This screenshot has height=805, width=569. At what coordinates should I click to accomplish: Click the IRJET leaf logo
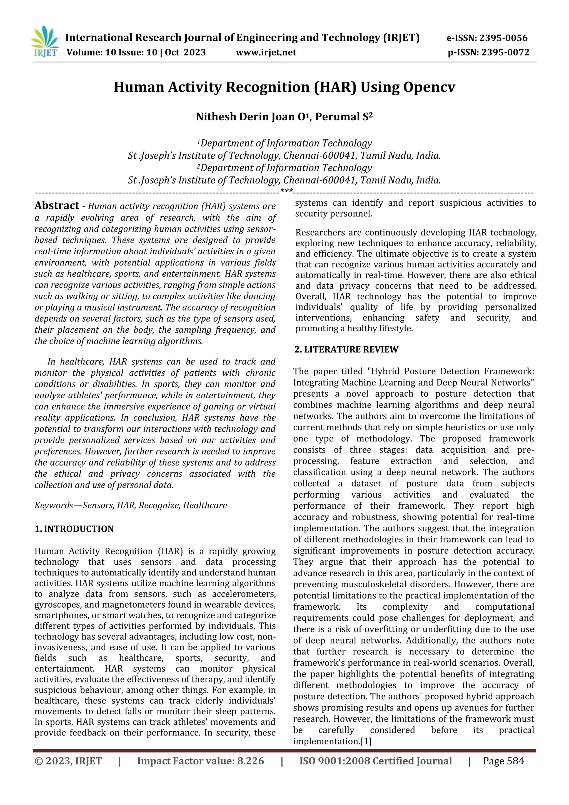pyautogui.click(x=45, y=41)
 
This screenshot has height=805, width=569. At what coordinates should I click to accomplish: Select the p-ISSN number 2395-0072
pyautogui.click(x=505, y=53)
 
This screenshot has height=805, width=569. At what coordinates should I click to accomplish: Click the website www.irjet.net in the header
pyautogui.click(x=266, y=53)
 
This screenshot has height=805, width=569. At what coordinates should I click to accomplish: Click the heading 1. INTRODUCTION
pyautogui.click(x=74, y=529)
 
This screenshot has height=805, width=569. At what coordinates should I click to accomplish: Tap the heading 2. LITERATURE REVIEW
pyautogui.click(x=346, y=350)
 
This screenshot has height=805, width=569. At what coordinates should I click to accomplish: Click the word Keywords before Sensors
pyautogui.click(x=54, y=505)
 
